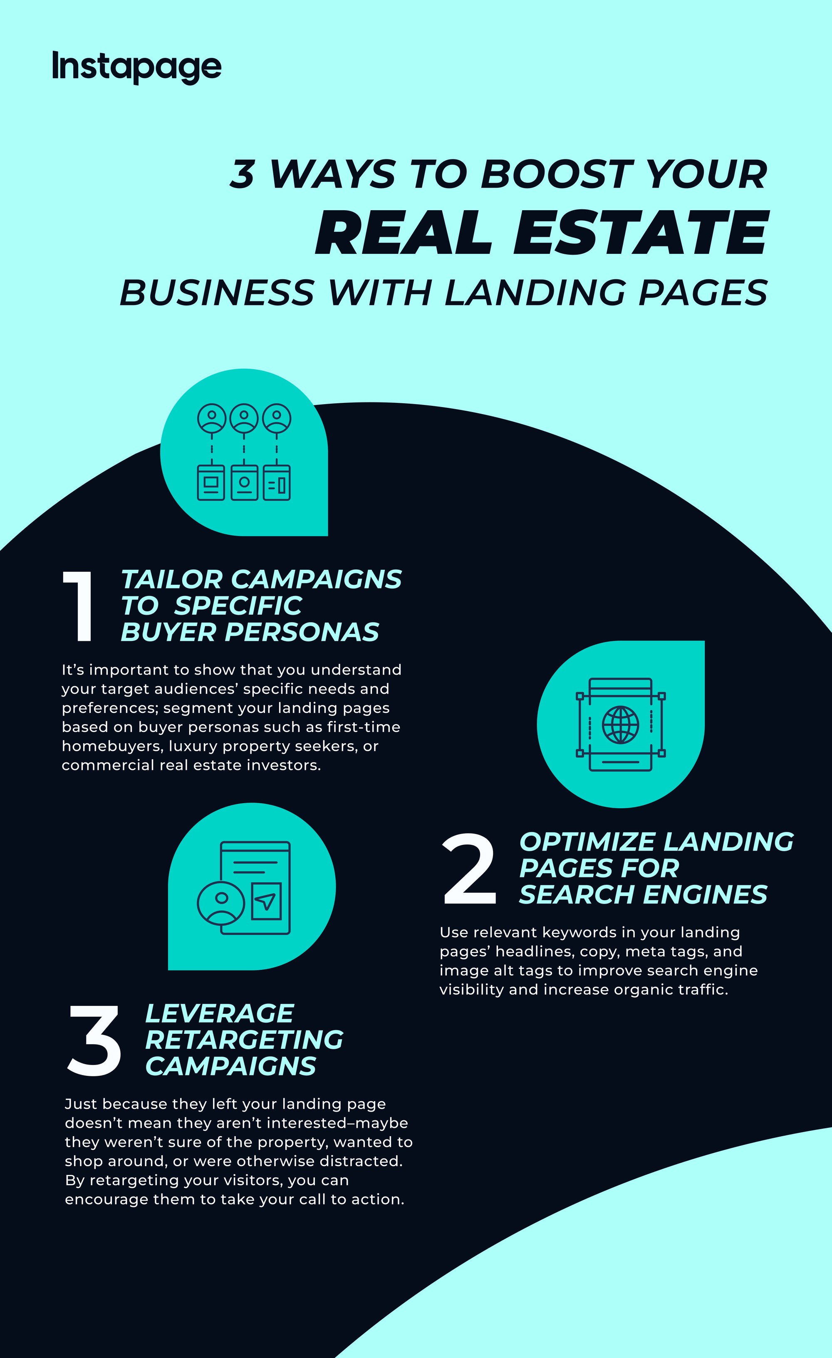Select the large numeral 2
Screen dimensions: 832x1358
click(469, 869)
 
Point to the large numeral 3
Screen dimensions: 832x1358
click(94, 1040)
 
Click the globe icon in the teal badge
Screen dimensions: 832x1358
click(620, 724)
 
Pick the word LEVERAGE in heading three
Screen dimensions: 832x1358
click(220, 1013)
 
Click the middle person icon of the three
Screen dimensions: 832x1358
click(244, 418)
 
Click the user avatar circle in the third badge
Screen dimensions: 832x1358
click(221, 903)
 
